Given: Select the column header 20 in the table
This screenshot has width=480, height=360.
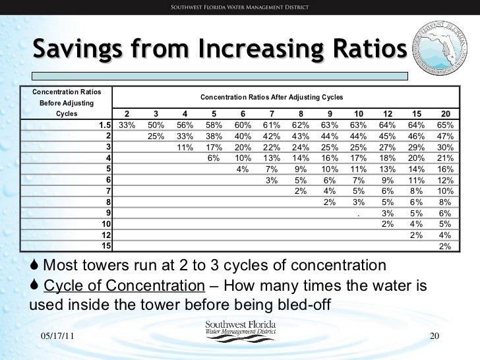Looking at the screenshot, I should click(x=445, y=113).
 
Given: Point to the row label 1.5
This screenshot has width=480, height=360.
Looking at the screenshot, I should click(x=104, y=125).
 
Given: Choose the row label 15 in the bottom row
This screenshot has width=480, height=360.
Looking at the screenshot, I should click(x=105, y=246).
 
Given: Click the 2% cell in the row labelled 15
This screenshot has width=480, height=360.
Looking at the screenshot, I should click(x=446, y=246).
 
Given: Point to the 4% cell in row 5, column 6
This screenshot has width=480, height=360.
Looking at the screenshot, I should click(x=242, y=169).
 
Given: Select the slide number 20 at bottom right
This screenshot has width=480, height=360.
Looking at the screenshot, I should click(x=434, y=336).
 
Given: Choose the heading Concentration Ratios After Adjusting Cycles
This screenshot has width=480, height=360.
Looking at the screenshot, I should click(x=272, y=97).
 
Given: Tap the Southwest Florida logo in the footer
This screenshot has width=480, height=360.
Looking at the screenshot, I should click(x=240, y=332).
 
